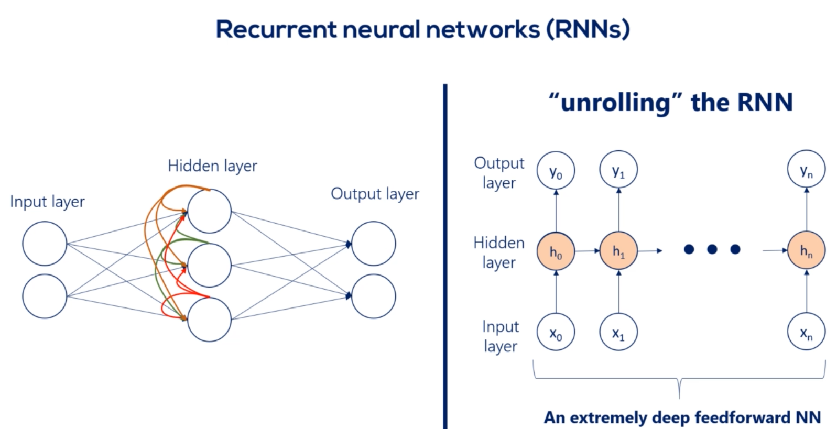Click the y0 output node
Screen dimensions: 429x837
(x=556, y=171)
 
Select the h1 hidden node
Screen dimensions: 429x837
(x=618, y=251)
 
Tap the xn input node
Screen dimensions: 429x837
(x=806, y=332)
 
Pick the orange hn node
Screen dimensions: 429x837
(x=806, y=251)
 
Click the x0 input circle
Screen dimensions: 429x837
(x=556, y=332)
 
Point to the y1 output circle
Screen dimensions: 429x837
(x=618, y=171)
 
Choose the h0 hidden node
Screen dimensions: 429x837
(x=556, y=251)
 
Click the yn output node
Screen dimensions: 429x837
(x=806, y=170)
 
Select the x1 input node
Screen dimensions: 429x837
(x=618, y=332)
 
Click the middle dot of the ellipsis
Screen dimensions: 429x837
(x=712, y=249)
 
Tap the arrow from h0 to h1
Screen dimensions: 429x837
(x=587, y=251)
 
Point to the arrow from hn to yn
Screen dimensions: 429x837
(x=806, y=210)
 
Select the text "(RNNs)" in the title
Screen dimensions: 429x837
(x=588, y=29)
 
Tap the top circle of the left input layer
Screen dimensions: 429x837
(x=45, y=243)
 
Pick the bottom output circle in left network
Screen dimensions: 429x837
(x=373, y=296)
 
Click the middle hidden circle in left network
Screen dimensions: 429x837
(x=209, y=265)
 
